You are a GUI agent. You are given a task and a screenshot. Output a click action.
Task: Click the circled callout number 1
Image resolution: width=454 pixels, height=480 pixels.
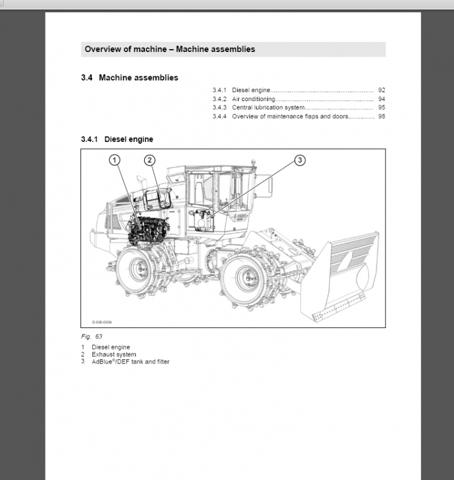pyautogui.click(x=115, y=160)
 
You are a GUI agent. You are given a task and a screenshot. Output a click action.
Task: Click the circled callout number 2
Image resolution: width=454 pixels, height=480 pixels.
pyautogui.click(x=150, y=160)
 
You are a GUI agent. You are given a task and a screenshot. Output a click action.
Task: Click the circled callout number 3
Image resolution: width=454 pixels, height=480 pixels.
pyautogui.click(x=300, y=160)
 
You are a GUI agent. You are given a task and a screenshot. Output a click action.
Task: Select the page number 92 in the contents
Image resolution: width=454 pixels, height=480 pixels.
pyautogui.click(x=381, y=90)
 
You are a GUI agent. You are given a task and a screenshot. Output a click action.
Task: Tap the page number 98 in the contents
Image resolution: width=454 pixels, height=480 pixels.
pyautogui.click(x=381, y=117)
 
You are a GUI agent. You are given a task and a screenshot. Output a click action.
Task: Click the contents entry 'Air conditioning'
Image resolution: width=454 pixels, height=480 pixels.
pyautogui.click(x=253, y=99)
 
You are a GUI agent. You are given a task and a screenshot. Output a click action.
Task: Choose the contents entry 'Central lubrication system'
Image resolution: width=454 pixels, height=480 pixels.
pyautogui.click(x=268, y=108)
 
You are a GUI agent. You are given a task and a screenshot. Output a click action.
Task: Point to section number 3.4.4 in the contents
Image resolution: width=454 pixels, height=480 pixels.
pyautogui.click(x=219, y=117)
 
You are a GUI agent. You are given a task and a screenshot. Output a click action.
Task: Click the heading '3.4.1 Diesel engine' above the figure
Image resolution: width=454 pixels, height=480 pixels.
pyautogui.click(x=117, y=140)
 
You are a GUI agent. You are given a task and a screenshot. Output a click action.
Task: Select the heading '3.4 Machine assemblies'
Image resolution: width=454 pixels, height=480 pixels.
pyautogui.click(x=129, y=78)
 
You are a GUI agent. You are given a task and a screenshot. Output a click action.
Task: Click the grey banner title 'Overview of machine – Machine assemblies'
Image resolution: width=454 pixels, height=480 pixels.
pyautogui.click(x=170, y=49)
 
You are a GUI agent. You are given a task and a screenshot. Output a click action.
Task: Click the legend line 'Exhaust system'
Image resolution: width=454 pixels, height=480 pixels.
pyautogui.click(x=113, y=355)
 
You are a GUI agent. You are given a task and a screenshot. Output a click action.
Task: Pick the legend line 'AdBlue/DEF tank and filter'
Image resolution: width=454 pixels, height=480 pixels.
pyautogui.click(x=130, y=362)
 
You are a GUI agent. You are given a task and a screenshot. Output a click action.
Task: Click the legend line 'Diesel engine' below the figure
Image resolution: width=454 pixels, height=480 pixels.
pyautogui.click(x=111, y=347)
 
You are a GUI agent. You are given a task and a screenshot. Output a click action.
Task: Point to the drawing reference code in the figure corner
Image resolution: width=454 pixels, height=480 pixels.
pyautogui.click(x=102, y=322)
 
